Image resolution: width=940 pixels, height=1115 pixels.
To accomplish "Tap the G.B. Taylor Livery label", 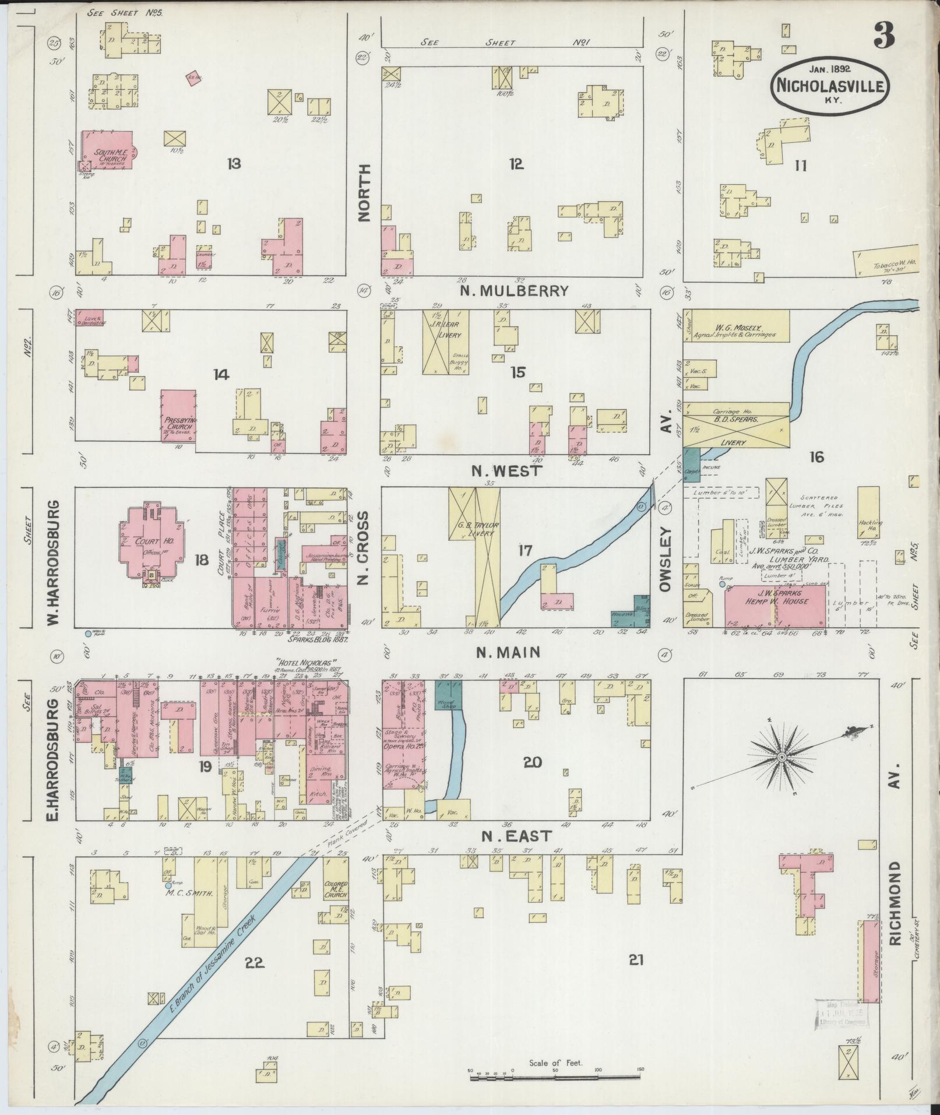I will (x=472, y=528).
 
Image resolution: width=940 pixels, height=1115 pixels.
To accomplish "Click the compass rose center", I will (x=781, y=757).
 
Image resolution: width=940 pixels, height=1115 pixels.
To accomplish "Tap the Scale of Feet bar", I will (x=555, y=1072).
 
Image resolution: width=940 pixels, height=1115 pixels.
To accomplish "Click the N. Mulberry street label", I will (x=514, y=290).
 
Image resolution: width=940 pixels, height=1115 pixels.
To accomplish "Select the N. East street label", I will (x=516, y=836).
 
